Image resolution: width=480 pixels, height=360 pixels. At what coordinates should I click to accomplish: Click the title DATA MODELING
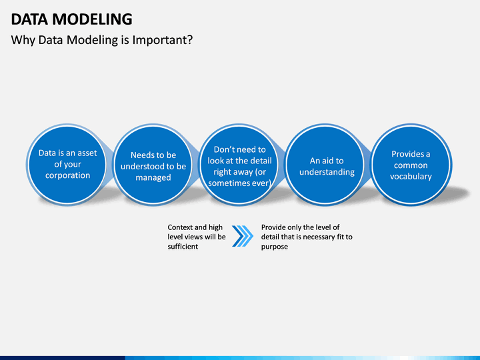(71, 19)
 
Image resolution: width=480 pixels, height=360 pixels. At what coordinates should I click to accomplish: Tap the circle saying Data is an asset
(67, 165)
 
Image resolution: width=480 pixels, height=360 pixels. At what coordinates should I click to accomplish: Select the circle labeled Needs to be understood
(153, 165)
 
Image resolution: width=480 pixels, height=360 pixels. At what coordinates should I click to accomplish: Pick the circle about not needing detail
(239, 165)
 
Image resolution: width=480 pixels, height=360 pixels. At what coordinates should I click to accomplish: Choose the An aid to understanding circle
(325, 165)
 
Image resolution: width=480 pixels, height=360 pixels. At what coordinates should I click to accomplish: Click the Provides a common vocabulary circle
(411, 165)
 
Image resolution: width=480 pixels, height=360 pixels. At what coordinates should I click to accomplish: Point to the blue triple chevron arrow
(243, 236)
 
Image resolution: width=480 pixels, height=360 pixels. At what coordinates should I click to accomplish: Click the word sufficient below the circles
(183, 247)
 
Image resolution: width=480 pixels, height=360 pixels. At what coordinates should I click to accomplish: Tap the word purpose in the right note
(274, 247)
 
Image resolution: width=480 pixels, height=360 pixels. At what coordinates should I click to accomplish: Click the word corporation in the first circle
(67, 175)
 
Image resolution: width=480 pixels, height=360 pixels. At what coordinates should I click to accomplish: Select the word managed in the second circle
(153, 177)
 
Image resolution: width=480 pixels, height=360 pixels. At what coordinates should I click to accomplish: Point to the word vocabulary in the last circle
(411, 176)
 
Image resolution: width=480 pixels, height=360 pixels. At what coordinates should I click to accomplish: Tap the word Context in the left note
(180, 227)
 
